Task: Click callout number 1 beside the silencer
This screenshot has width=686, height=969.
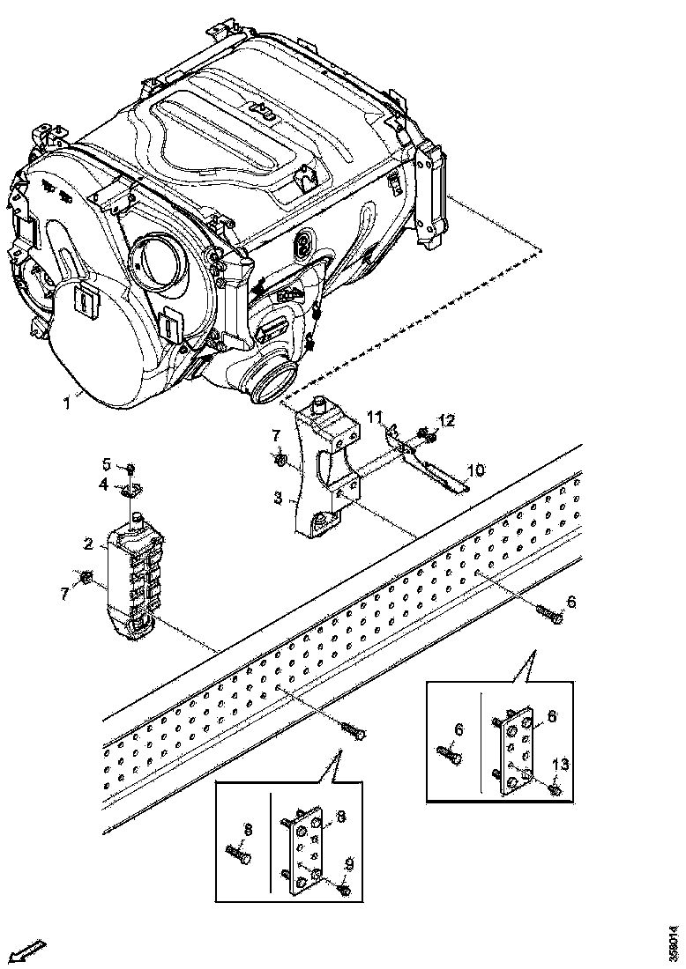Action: click(x=66, y=403)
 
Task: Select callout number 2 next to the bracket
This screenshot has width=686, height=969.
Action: click(x=89, y=544)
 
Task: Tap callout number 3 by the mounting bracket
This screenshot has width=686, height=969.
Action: click(x=278, y=498)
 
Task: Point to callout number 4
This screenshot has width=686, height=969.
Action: click(x=103, y=484)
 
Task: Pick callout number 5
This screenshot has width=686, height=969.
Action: click(x=105, y=464)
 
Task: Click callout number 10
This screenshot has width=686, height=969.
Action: click(x=476, y=470)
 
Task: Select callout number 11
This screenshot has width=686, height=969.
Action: click(x=374, y=417)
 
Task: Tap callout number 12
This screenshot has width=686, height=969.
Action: click(x=447, y=420)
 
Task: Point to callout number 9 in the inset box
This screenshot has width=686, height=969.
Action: click(x=349, y=866)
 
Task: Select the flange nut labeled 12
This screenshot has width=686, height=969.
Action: click(x=429, y=435)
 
